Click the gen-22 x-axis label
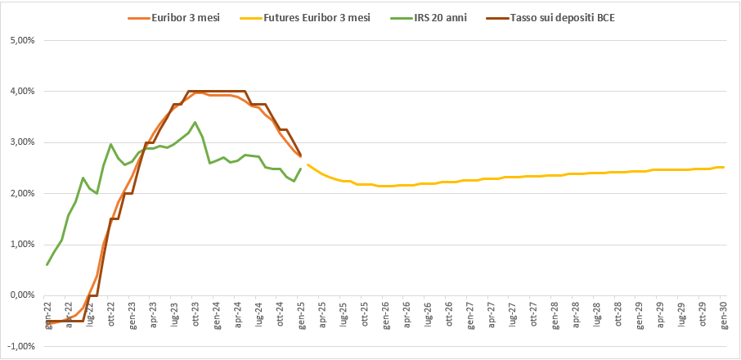click(47, 313)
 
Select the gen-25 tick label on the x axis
click(301, 313)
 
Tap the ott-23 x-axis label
click(195, 313)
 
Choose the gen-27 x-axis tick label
click(470, 313)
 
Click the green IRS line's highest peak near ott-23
click(195, 123)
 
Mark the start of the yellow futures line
click(308, 164)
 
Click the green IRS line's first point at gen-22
click(47, 264)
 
